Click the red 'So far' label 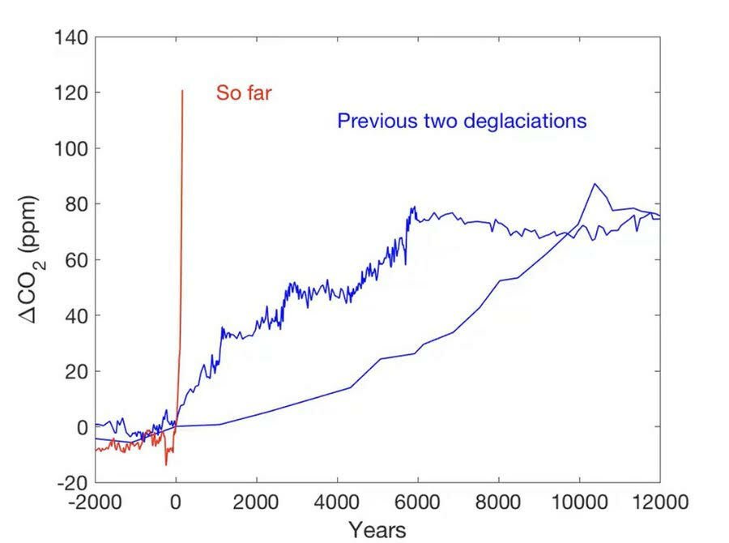tap(243, 93)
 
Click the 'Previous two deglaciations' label tap(461, 122)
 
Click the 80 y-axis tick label tap(75, 204)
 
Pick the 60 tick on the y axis tap(75, 260)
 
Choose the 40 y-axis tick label tap(75, 315)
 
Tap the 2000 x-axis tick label tap(257, 502)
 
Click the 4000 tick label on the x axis tap(337, 502)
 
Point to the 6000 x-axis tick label tap(418, 502)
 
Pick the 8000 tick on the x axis tap(498, 502)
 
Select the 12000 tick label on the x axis tap(659, 502)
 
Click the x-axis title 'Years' tap(377, 529)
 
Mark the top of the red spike tap(182, 91)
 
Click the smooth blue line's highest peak tap(595, 184)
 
